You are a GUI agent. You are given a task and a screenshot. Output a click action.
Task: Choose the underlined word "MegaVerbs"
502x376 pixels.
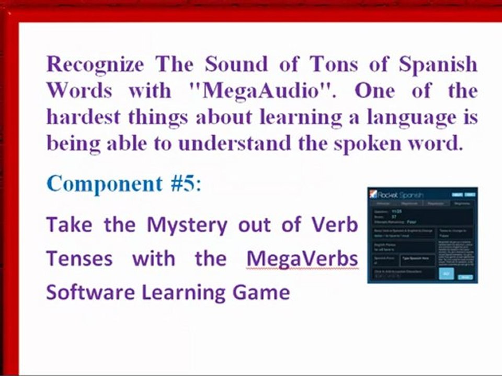[x=302, y=258]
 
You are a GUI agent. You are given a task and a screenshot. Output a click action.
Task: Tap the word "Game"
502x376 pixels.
[x=265, y=291]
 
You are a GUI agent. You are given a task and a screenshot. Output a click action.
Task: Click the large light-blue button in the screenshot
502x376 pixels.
[x=446, y=274]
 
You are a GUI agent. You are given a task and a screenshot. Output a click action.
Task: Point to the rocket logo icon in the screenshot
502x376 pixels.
[x=373, y=194]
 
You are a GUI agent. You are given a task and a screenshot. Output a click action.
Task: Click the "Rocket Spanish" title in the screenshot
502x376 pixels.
[x=400, y=194]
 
